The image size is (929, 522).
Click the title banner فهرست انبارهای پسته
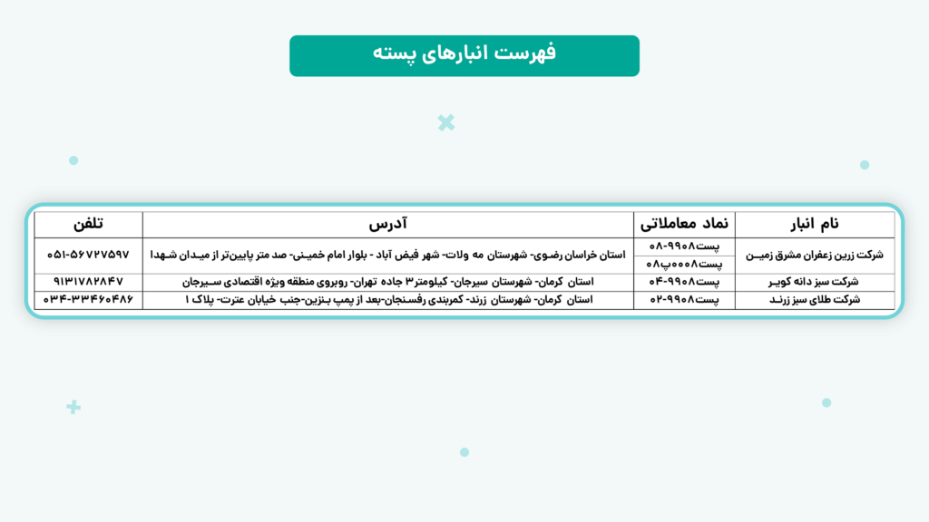pyautogui.click(x=464, y=55)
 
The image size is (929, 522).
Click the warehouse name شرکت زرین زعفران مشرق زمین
pyautogui.click(x=813, y=256)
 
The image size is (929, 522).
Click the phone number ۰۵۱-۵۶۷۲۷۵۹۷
pyautogui.click(x=88, y=256)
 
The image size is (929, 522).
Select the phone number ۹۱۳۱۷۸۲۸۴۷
pyautogui.click(x=88, y=282)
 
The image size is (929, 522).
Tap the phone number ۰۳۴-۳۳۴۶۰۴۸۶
pyautogui.click(x=88, y=299)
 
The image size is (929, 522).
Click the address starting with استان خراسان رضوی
pyautogui.click(x=388, y=256)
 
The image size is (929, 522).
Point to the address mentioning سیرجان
pyautogui.click(x=388, y=282)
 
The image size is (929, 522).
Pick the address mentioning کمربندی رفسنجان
pyautogui.click(x=388, y=299)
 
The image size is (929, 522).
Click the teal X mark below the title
pyautogui.click(x=445, y=122)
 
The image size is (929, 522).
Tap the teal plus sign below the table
pyautogui.click(x=73, y=408)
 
